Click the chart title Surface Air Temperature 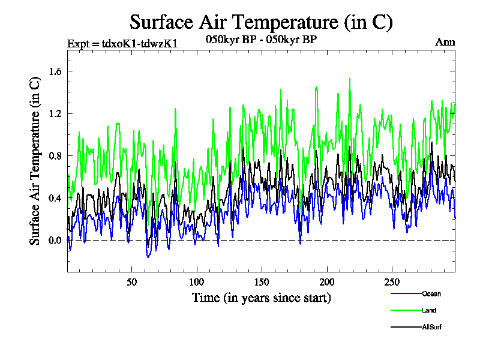tap(261, 22)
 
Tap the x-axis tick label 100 tap(197, 282)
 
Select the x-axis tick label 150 tap(262, 282)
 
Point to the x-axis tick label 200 tap(326, 282)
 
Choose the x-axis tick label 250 tap(391, 282)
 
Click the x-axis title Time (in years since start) tap(261, 298)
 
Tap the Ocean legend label tap(431, 293)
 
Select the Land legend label tap(429, 310)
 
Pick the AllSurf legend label tap(432, 327)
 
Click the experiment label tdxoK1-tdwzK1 tap(122, 43)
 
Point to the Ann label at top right tap(445, 42)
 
